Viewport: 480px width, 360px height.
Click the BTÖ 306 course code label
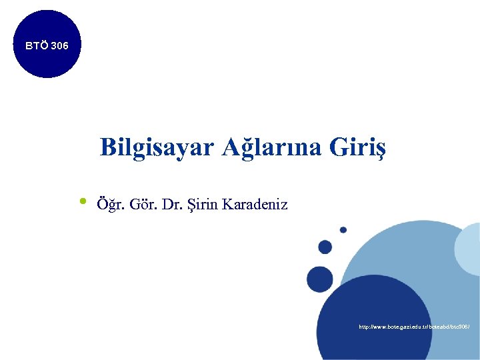[45, 46]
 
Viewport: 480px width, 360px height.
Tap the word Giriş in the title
[357, 147]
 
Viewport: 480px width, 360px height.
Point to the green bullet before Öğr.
[83, 201]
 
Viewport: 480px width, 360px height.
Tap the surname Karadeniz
[255, 204]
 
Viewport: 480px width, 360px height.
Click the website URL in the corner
[414, 327]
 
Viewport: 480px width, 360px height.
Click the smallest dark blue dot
[343, 230]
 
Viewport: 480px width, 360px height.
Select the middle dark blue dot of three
[325, 247]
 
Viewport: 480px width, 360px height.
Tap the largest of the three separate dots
[319, 277]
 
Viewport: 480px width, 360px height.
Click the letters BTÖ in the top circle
[35, 46]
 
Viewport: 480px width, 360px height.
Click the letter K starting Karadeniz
[229, 204]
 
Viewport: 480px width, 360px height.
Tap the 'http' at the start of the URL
[365, 327]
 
